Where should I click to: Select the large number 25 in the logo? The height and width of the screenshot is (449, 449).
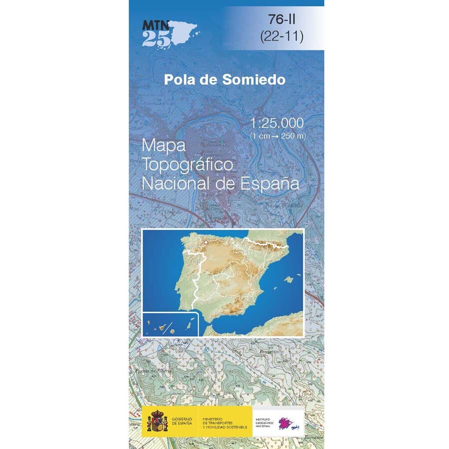[156, 39]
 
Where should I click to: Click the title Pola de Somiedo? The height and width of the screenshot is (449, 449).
[226, 80]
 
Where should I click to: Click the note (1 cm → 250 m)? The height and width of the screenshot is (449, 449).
[278, 136]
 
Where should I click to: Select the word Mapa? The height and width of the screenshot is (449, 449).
[164, 146]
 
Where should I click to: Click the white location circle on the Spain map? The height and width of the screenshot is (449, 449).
[205, 242]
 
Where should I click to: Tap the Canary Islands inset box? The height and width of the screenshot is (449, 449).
[170, 324]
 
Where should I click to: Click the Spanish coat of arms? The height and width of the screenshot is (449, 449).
[158, 421]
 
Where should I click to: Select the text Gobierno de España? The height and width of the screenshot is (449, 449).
[182, 421]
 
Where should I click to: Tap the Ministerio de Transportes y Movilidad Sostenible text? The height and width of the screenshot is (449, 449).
[224, 421]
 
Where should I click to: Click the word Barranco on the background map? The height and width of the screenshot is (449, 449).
[314, 437]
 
